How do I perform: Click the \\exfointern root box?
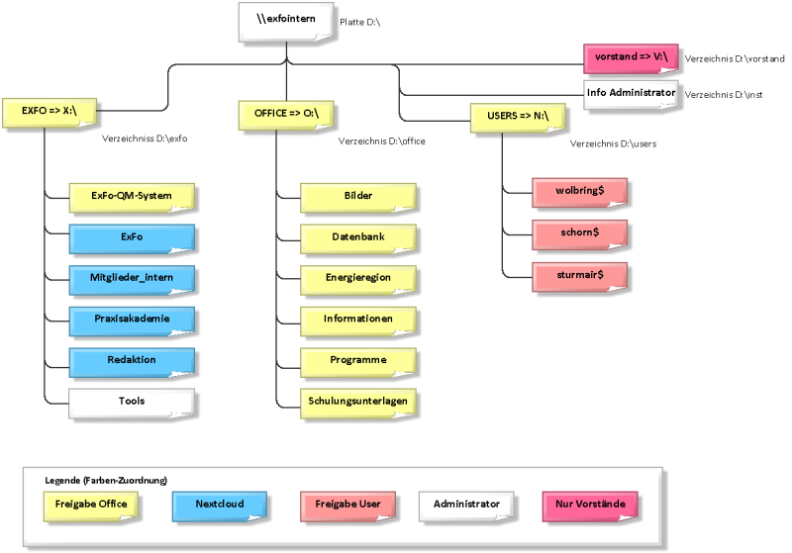tap(286, 22)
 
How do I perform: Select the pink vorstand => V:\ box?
tap(631, 58)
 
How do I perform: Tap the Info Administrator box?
tap(631, 94)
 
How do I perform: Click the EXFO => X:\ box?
tap(49, 113)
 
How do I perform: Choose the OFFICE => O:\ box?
tap(286, 116)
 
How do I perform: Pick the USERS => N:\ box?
tap(518, 118)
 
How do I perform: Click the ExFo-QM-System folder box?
tap(132, 197)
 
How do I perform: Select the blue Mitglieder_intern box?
tap(132, 280)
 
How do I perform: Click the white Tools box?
tap(132, 404)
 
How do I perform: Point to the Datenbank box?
tap(358, 238)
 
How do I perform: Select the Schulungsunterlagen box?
tap(358, 404)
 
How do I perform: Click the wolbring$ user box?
tap(579, 192)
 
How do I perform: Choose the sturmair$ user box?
tap(579, 277)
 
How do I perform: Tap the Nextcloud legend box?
tap(220, 507)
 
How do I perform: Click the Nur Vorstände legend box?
tap(590, 507)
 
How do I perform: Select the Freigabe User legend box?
tap(347, 507)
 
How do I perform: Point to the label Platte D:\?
tap(359, 22)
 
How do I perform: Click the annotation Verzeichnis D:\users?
tap(613, 143)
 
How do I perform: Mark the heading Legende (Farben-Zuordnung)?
tap(106, 481)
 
